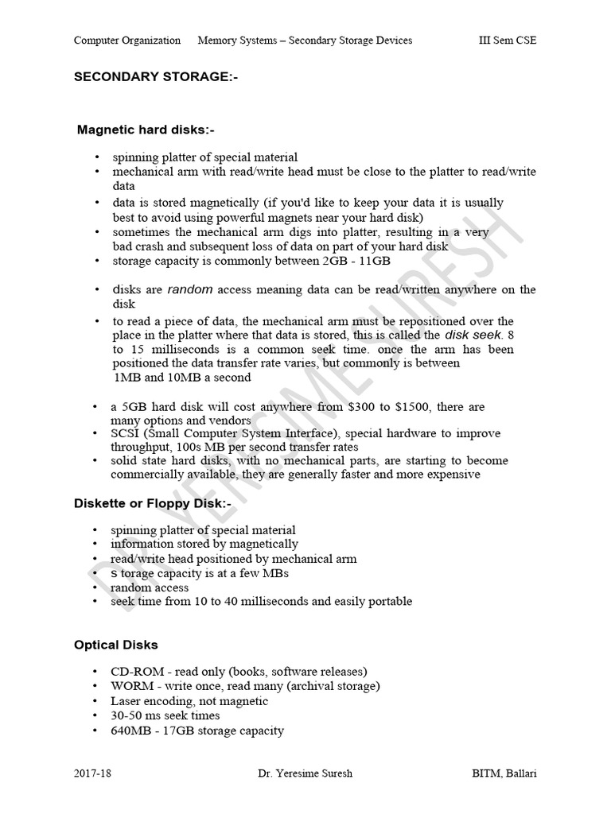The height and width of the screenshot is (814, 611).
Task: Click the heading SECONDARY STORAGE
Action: click(x=156, y=78)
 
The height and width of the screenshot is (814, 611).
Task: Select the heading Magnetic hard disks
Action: click(x=146, y=129)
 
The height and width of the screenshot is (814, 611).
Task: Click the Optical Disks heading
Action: click(x=116, y=645)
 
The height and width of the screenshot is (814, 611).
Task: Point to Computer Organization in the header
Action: click(x=127, y=41)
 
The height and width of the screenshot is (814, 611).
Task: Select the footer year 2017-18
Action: click(x=92, y=773)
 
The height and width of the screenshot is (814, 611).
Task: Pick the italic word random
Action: click(x=191, y=289)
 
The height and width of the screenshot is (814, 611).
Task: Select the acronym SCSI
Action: click(x=126, y=433)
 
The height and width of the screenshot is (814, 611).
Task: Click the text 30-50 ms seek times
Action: click(x=165, y=715)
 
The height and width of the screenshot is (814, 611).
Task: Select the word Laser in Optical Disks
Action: click(x=127, y=701)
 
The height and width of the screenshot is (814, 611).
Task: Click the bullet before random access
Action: click(x=96, y=587)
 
